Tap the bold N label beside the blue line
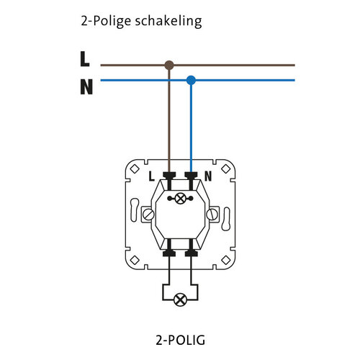point(86,88)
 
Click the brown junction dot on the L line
point(169,65)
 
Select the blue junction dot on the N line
point(191,80)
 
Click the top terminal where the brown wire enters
point(171,175)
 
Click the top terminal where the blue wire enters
point(192,175)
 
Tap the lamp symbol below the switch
point(181,297)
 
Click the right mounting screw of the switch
point(212,214)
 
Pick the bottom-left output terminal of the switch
point(171,252)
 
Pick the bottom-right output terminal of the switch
point(192,252)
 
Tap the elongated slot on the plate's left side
point(132,213)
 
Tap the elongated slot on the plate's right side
point(230,213)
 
